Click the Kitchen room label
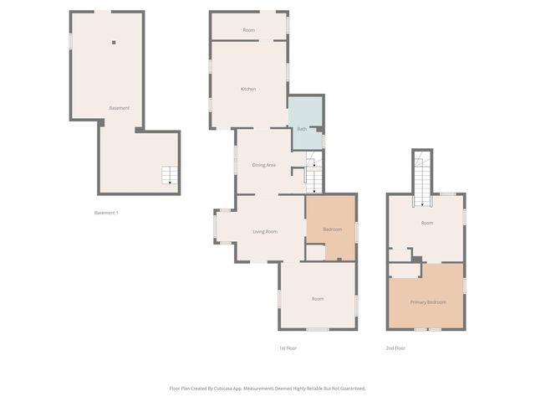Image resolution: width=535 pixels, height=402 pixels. [248, 89]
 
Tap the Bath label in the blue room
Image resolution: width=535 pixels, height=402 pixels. [302, 129]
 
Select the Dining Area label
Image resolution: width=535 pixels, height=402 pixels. [264, 165]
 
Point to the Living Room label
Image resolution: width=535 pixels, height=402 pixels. [265, 231]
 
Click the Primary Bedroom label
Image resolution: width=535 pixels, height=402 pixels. [427, 301]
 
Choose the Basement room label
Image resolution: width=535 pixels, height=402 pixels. [119, 108]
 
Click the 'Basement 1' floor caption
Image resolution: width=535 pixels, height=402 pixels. [106, 213]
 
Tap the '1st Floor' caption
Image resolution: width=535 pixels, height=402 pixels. [288, 348]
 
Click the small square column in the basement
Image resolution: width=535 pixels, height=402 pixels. [115, 42]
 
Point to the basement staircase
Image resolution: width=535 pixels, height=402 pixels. [170, 175]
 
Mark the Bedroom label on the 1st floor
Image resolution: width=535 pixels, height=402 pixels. [333, 229]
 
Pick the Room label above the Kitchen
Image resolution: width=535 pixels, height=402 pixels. [248, 30]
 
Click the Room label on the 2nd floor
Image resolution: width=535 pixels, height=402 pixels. [427, 223]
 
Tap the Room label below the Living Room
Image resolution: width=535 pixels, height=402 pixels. [318, 298]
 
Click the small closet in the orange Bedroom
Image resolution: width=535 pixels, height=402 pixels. [315, 252]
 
